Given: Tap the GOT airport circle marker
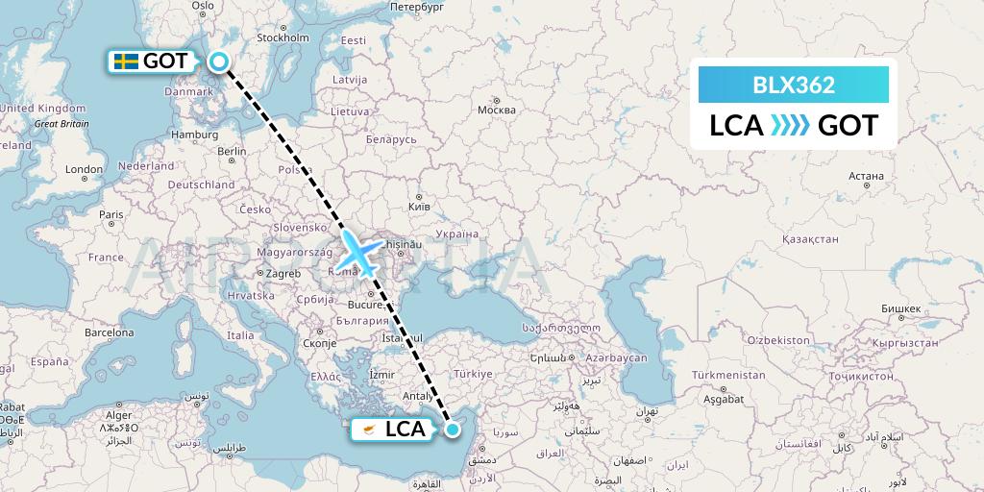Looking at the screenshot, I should (220, 62).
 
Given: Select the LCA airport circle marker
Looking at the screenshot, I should (453, 430).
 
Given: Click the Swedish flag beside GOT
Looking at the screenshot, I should (124, 62).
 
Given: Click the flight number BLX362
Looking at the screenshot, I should (794, 85).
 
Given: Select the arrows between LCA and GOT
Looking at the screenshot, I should (791, 126).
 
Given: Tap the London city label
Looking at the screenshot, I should (85, 170).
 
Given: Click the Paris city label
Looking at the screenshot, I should (112, 214).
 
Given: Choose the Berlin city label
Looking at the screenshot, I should (233, 152).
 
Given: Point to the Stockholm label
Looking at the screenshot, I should (284, 38).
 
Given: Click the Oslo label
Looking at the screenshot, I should (203, 6).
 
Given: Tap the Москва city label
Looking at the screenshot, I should (497, 110).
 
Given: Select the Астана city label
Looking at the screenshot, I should (866, 176).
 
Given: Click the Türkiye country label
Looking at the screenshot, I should (473, 374).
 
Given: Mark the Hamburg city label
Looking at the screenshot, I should (194, 135).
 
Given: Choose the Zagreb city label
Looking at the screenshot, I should (283, 273).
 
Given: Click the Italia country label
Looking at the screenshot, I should (240, 335).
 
